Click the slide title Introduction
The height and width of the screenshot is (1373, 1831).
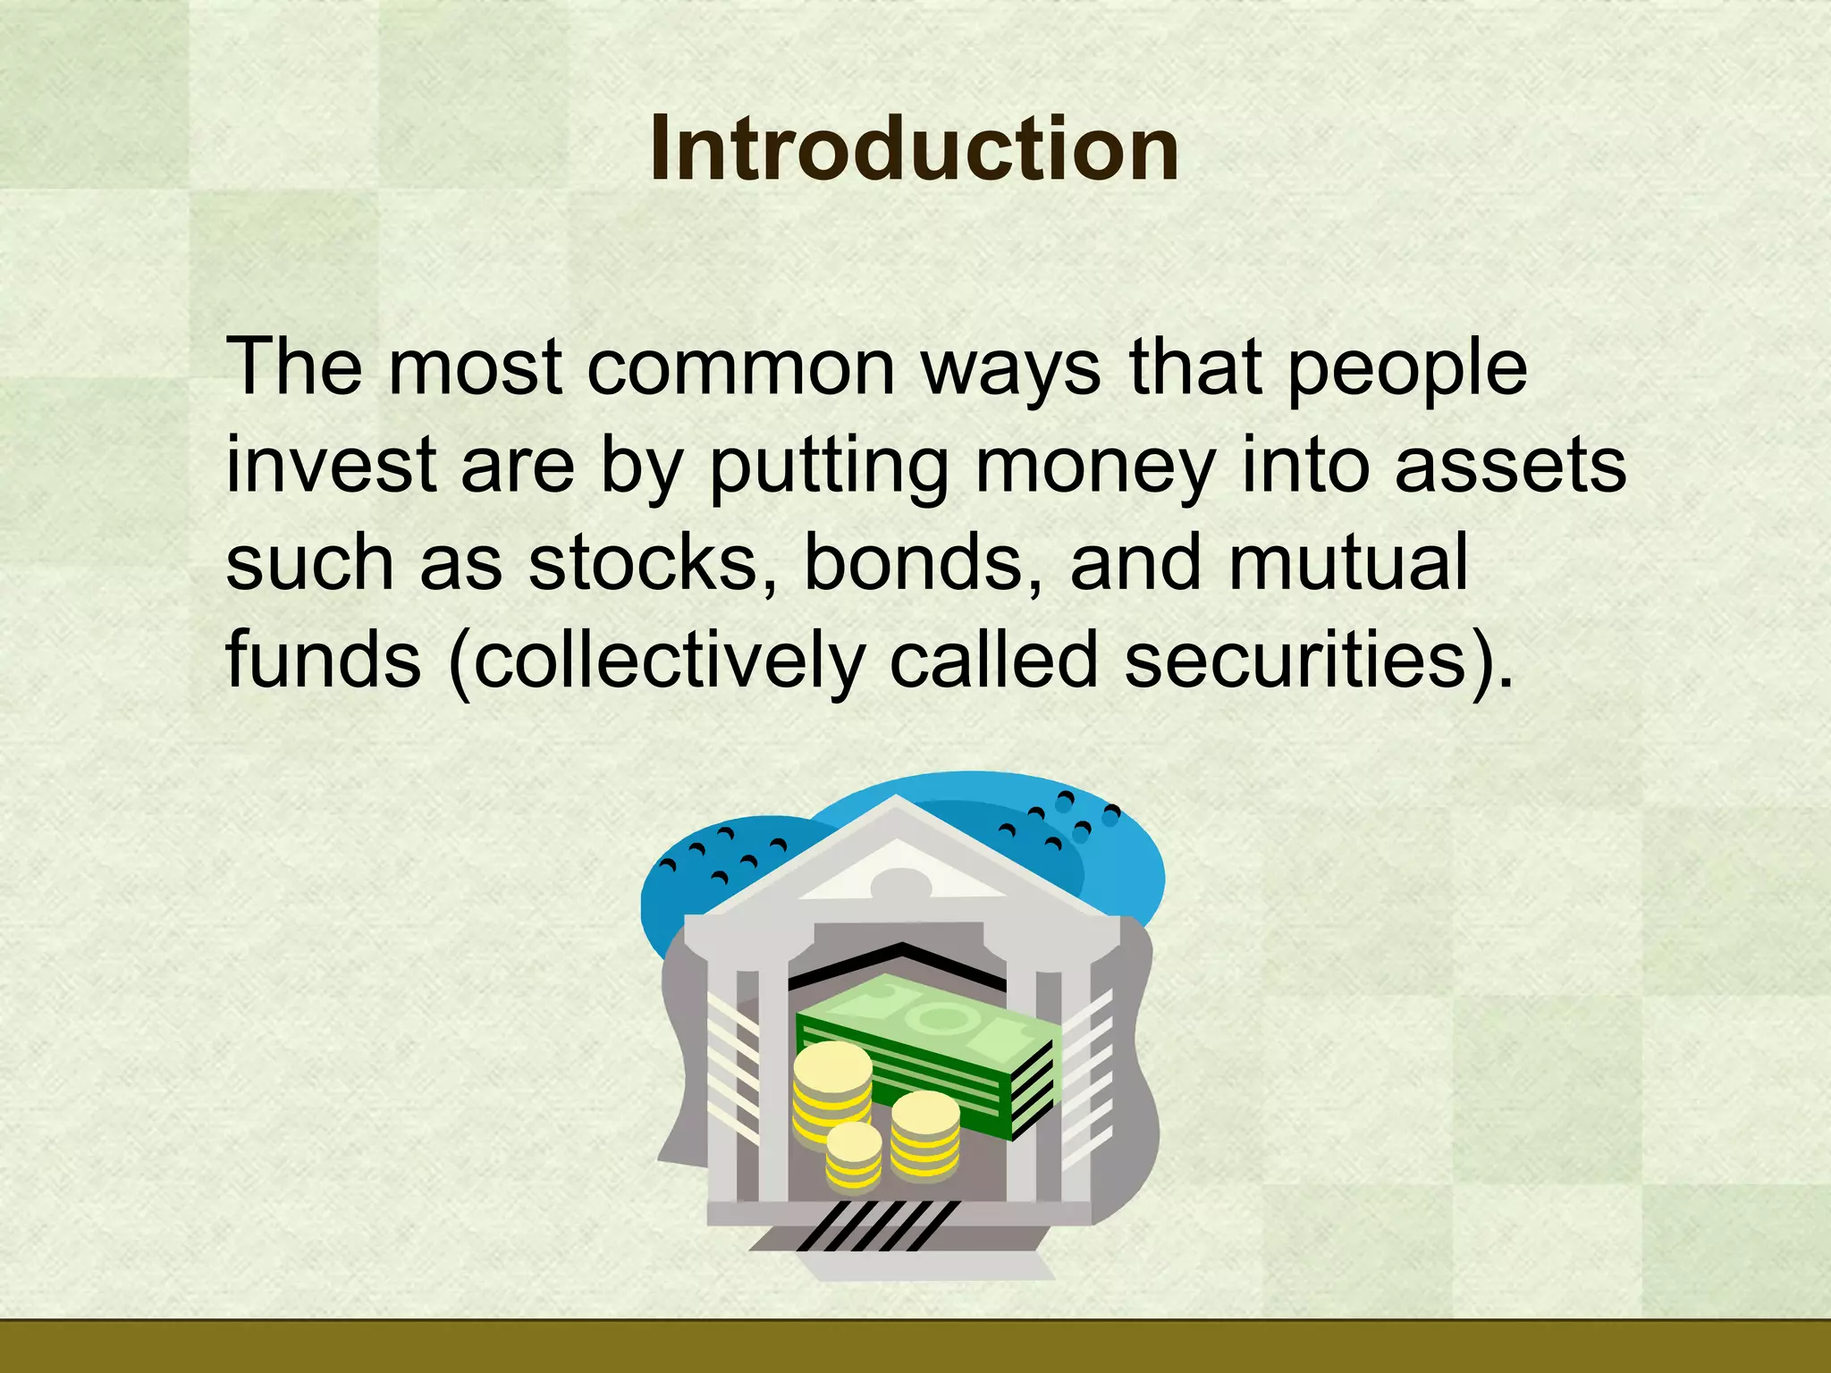click(x=914, y=149)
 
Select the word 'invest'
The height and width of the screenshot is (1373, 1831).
click(x=331, y=466)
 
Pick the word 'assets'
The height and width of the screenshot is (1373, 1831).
click(x=1510, y=467)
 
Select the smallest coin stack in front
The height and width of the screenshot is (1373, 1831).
click(x=854, y=1158)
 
